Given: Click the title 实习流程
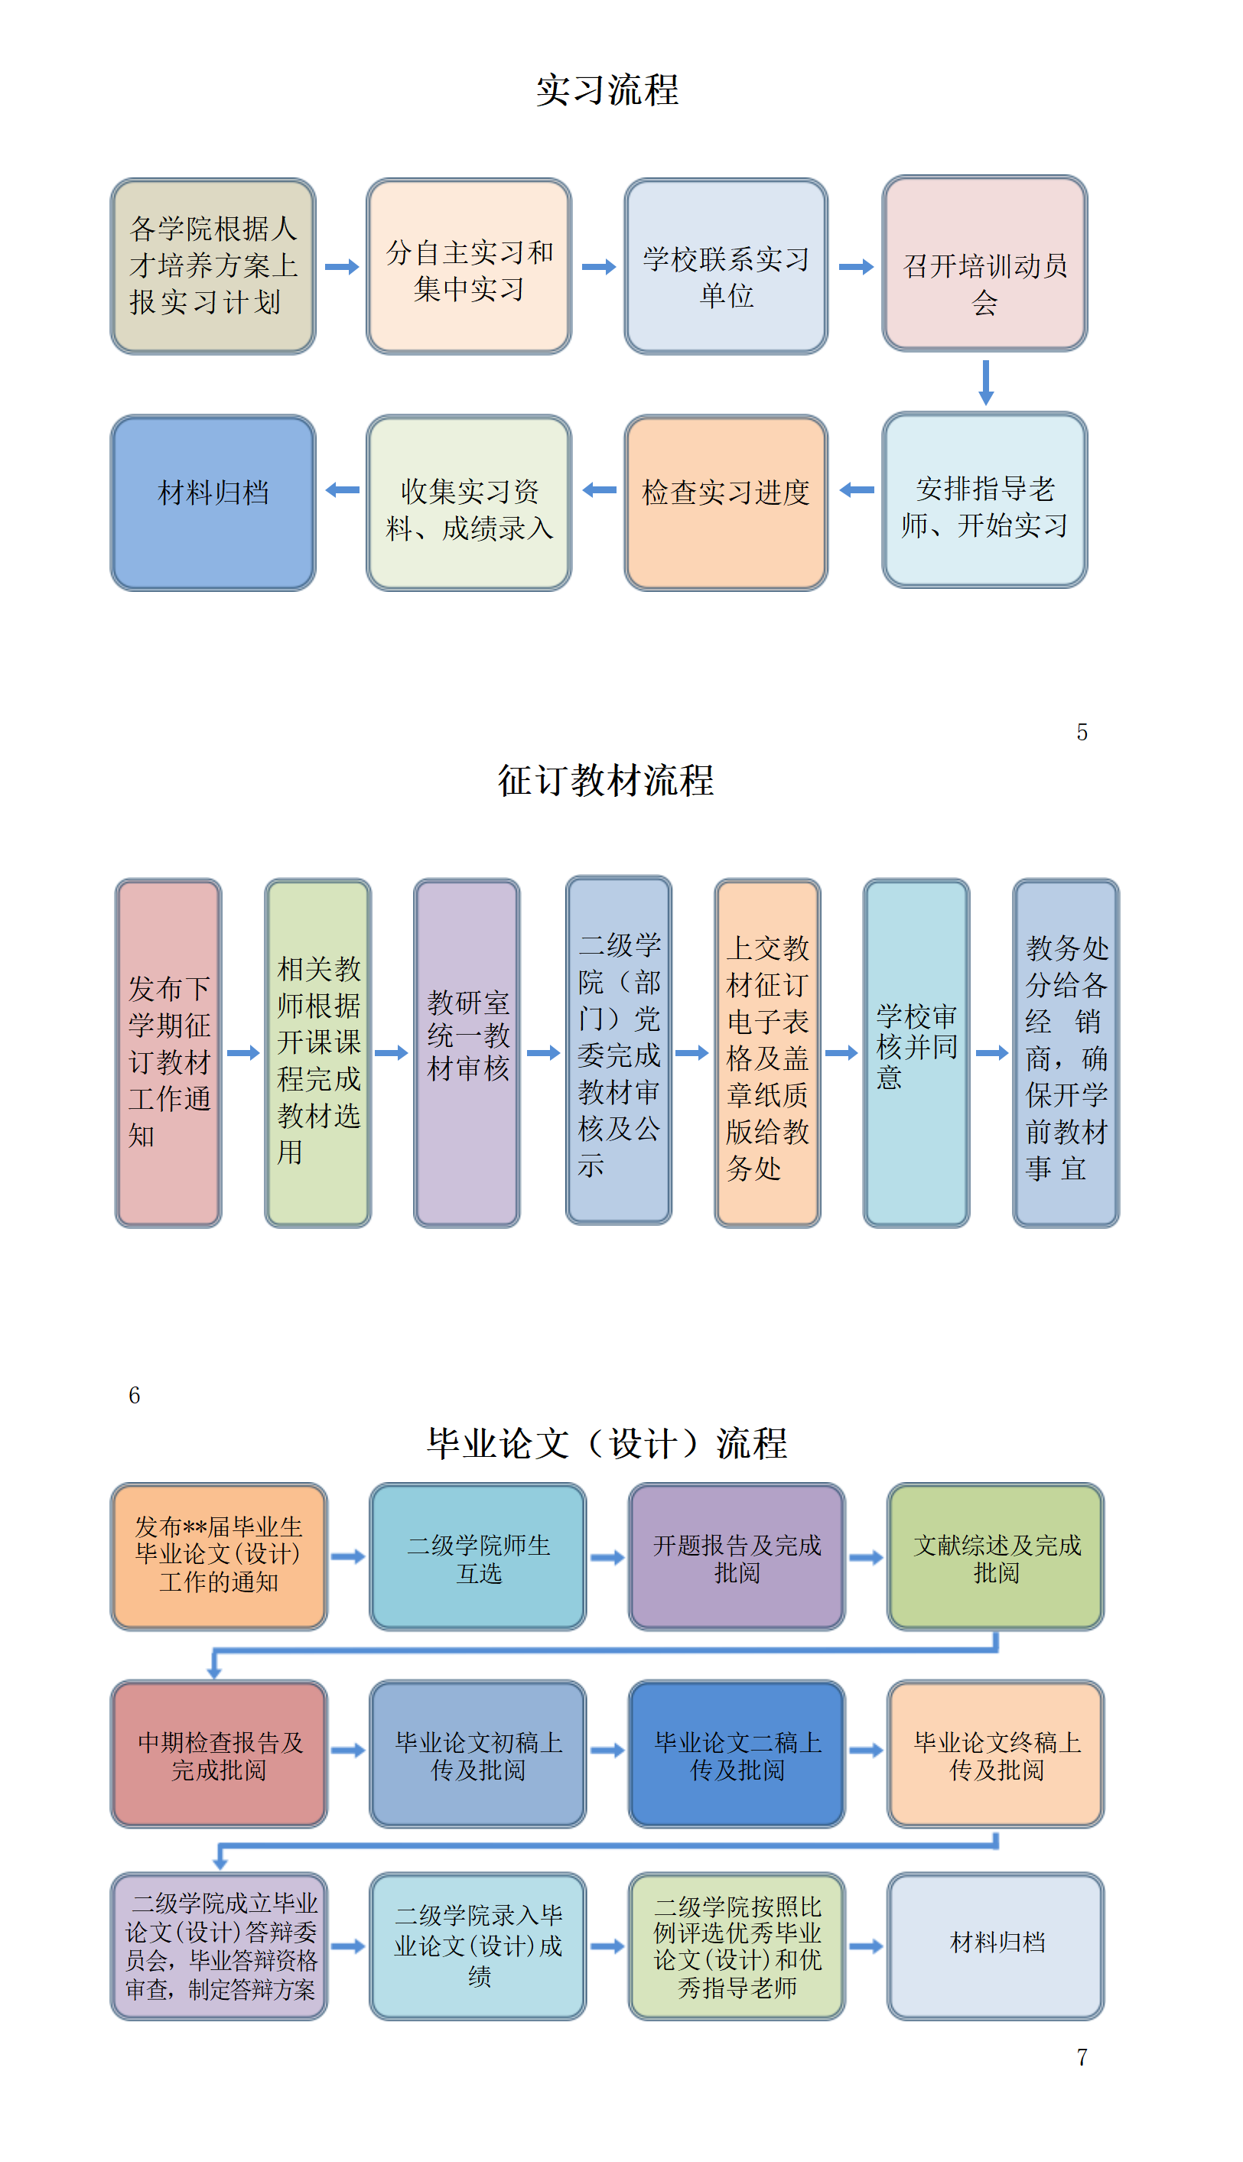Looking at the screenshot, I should pos(607,90).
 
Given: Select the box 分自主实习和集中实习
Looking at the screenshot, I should pos(469,266).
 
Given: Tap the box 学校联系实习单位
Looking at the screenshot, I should pos(726,266).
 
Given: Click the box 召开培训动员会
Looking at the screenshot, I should pos(984,264).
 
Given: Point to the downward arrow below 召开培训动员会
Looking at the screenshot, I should pos(985,382).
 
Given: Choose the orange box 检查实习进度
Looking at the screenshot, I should pos(726,502).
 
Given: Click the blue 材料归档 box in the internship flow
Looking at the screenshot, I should pos(213,502).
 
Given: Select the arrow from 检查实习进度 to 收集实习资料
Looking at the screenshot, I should pos(599,490).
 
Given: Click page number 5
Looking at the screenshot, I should pos(1082,733).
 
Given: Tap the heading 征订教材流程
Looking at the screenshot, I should pos(606,780).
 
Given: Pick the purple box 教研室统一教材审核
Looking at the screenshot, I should pos(467,1052).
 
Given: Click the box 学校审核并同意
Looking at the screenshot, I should pos(916,1052).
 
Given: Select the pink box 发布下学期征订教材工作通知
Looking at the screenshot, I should pos(168,1052).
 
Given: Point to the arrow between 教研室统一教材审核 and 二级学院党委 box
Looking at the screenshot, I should pos(543,1052).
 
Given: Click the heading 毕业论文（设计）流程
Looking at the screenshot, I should pos(607,1443).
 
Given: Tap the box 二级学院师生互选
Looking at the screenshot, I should pos(478,1557).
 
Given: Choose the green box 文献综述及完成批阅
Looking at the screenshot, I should pos(995,1557).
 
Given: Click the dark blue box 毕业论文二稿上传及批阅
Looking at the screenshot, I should pos(737,1754).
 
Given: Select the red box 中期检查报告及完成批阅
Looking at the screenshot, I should pos(220,1754).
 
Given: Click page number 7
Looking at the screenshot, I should pos(1082,2057).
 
